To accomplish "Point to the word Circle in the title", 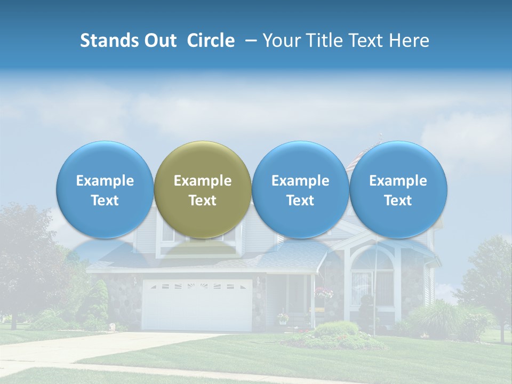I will [211, 41].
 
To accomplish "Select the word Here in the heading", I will [409, 41].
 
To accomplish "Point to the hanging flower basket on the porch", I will [324, 293].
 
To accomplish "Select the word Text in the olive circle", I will [203, 201].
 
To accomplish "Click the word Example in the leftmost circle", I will [105, 181].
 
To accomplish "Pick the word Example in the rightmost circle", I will [398, 181].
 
